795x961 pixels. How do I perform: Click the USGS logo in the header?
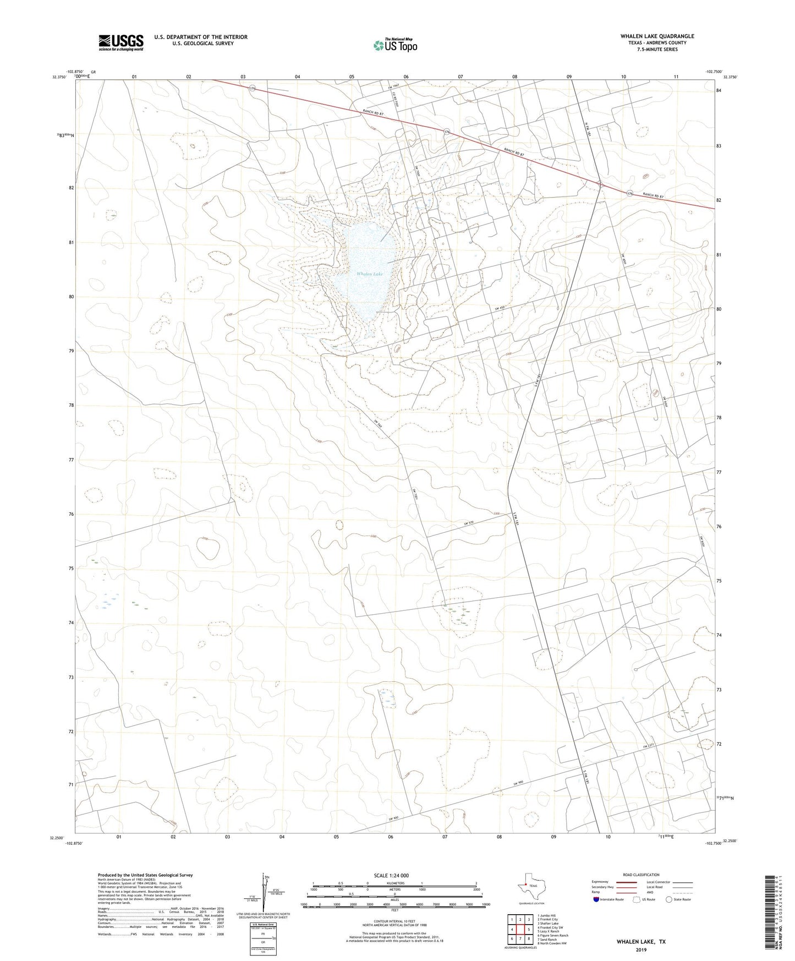(x=121, y=42)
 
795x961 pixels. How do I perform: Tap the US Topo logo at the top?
(x=394, y=45)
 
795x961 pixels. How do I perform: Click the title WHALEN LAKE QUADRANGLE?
(x=657, y=36)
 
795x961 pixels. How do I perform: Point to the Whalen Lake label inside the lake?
(x=369, y=274)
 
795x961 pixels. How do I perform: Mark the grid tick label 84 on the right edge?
(x=719, y=91)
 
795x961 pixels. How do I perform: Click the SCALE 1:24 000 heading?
(x=391, y=875)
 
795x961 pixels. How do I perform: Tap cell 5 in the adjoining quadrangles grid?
(x=528, y=930)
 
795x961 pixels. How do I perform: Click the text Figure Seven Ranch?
(x=555, y=935)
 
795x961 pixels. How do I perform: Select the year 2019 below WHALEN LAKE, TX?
(x=641, y=950)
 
